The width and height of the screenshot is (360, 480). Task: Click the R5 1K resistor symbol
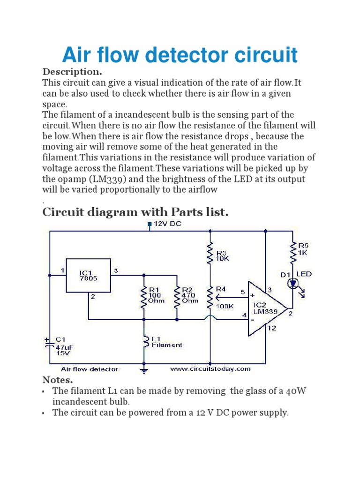[294, 253]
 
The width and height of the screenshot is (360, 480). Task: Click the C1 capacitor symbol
[50, 343]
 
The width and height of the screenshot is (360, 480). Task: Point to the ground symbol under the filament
[144, 370]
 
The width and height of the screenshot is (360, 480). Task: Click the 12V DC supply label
[167, 224]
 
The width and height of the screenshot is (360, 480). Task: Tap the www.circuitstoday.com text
[210, 369]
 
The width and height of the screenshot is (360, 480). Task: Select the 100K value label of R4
[225, 306]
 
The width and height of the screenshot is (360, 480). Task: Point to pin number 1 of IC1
[62, 270]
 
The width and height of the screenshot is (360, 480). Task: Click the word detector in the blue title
[182, 55]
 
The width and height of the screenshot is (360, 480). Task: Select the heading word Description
[72, 72]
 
